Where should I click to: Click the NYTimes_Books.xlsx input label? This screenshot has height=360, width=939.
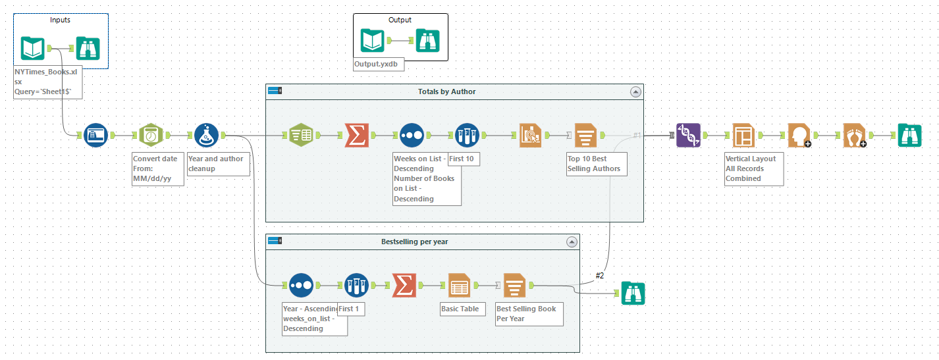pos(46,82)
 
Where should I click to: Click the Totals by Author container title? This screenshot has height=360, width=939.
pos(446,91)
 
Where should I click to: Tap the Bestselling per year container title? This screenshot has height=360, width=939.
pos(414,242)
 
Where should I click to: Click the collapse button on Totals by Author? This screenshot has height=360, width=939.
pos(635,92)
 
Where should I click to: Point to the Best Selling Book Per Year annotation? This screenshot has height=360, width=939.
pos(529,313)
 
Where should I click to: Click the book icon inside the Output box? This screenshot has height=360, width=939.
pos(373,41)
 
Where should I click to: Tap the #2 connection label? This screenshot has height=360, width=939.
pos(600,275)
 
